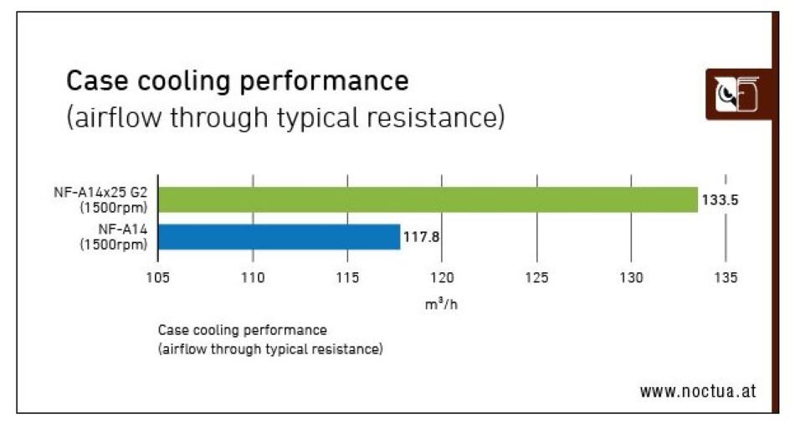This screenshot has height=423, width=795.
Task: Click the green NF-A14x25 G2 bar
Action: point(427,199)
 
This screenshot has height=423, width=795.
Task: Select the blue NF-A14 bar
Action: point(279,237)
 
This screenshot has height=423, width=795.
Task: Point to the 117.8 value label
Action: point(422,237)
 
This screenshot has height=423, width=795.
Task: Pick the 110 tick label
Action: point(253,278)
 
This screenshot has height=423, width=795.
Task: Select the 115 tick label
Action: point(347,278)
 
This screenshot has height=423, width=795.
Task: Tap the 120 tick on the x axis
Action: point(442,278)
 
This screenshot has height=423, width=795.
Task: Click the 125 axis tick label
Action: point(536,278)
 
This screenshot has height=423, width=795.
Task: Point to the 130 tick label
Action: point(631,278)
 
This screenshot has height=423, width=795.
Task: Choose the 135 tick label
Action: point(726,278)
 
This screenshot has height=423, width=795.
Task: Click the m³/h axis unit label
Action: point(441,303)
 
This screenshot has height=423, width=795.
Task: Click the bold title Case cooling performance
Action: point(238,81)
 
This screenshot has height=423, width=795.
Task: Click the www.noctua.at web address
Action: point(698,391)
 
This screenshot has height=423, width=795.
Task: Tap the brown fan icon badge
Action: point(737,94)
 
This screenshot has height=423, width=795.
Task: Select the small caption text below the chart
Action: point(269,339)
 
